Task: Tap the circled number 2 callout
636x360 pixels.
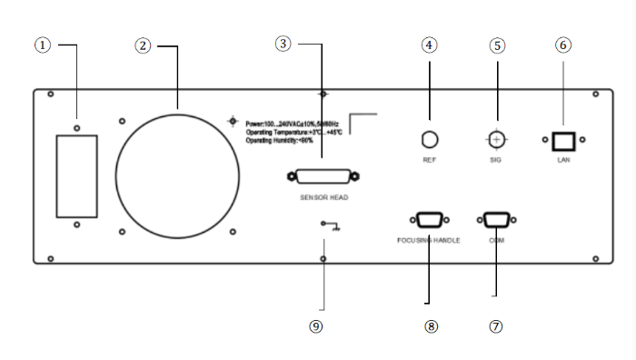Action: (x=142, y=45)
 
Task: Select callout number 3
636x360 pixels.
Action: (x=284, y=44)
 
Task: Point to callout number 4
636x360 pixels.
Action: (x=430, y=45)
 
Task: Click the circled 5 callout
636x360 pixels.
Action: (x=496, y=45)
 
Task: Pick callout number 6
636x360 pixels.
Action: (x=563, y=44)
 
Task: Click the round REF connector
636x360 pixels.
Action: (x=431, y=139)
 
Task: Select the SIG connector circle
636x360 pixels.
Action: (x=496, y=139)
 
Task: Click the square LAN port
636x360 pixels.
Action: (x=563, y=140)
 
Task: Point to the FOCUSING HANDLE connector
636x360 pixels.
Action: (x=429, y=218)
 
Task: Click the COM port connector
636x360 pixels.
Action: (x=496, y=218)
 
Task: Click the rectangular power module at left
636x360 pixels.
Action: (x=77, y=176)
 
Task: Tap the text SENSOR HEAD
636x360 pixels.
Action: (x=324, y=196)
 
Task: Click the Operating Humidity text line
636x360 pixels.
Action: (x=280, y=140)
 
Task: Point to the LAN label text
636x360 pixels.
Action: (x=563, y=160)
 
